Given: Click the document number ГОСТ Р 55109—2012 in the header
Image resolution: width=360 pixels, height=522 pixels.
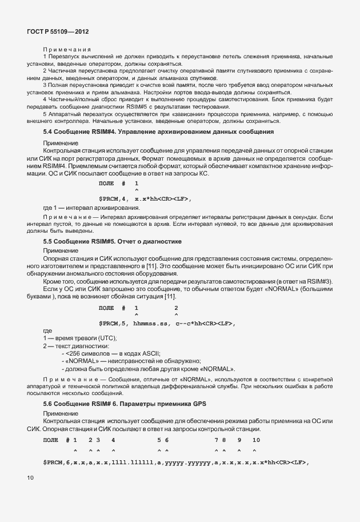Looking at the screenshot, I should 58,33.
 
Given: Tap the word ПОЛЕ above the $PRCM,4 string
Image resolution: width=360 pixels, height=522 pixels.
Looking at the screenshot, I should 106,183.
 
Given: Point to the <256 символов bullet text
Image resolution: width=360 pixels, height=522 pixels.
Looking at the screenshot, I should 86,353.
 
